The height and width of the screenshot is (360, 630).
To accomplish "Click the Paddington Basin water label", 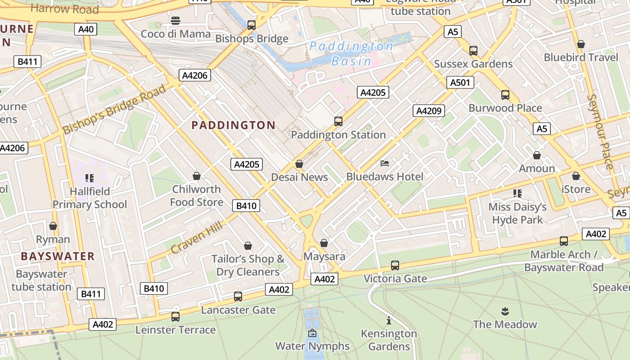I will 351,53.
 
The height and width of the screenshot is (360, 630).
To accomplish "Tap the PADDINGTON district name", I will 234,125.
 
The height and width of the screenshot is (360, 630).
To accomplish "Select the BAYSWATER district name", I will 58,256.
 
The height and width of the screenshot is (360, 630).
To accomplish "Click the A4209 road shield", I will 429,111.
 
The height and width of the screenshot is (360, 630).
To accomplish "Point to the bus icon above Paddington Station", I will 338,121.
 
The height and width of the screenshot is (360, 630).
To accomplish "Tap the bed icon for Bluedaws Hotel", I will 385,163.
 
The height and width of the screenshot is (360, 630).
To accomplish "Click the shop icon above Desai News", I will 299,164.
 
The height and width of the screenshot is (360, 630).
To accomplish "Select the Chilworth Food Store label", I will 197,196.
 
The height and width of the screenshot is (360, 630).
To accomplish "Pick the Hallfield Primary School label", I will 90,198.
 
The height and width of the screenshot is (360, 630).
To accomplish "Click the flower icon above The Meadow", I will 504,311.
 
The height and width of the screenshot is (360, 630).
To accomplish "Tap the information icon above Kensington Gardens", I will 389,321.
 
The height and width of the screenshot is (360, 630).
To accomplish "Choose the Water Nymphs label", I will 312,346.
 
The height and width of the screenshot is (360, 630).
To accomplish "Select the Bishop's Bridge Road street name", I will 114,110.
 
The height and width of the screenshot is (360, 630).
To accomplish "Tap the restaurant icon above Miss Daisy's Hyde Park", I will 517,193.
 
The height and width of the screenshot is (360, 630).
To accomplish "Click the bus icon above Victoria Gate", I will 395,265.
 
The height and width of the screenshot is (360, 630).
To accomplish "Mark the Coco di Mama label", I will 175,34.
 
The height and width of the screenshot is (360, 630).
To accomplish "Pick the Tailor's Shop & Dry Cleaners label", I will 248,265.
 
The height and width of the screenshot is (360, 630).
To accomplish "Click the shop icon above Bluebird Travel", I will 581,44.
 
